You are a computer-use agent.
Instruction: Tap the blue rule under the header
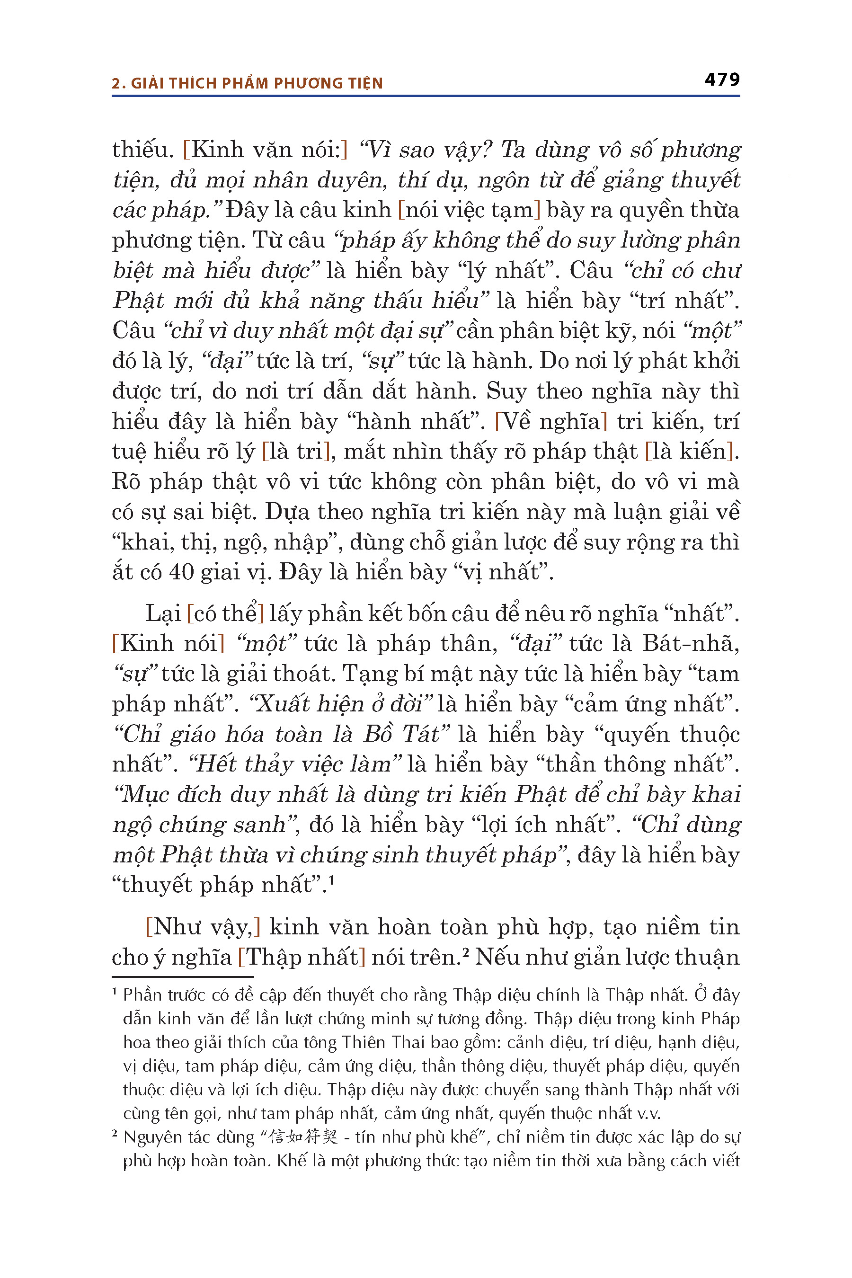click(426, 96)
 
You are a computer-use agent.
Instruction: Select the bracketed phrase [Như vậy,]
click(203, 927)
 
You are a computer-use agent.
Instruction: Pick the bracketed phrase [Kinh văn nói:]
click(265, 150)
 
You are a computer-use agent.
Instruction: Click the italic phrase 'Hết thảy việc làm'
click(294, 764)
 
